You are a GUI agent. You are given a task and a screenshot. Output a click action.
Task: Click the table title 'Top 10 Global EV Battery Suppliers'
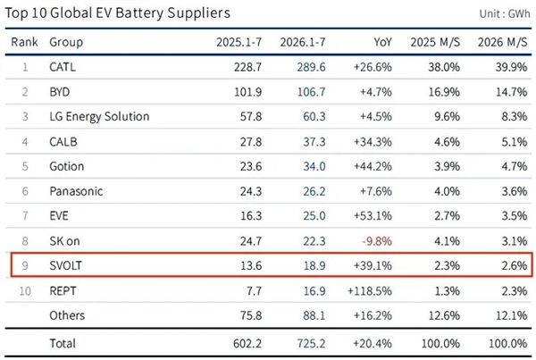[117, 13]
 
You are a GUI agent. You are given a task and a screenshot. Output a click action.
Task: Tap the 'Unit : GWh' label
[505, 13]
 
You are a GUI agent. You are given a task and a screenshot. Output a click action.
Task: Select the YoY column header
[382, 42]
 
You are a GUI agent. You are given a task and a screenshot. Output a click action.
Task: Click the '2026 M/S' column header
[502, 42]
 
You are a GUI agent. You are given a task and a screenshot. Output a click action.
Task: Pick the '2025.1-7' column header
[239, 42]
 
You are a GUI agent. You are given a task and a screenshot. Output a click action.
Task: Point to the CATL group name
[63, 67]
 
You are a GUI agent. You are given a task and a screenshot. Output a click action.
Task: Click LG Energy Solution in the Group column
[99, 116]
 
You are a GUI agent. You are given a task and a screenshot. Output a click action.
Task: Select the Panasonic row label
[76, 191]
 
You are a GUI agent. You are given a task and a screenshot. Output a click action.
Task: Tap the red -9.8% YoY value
[377, 241]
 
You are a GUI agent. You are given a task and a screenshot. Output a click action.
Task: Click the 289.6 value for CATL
[311, 67]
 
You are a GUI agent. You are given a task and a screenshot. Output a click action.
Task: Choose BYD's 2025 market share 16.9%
[444, 92]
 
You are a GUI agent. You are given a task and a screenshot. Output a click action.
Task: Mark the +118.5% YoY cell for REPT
[370, 291]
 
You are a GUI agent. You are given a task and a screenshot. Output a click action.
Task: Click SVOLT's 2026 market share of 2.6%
[515, 265]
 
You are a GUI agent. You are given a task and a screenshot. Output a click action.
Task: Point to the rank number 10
[25, 291]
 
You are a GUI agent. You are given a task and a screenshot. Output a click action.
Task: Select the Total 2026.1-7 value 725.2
[311, 343]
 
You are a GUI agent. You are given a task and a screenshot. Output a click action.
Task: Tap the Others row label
[67, 315]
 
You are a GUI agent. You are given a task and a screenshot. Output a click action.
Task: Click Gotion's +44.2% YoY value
[373, 166]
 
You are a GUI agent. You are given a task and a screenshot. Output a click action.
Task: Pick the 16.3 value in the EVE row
[251, 215]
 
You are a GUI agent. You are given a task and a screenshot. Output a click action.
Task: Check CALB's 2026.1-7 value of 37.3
[314, 141]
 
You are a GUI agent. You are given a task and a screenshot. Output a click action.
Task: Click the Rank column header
[24, 42]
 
